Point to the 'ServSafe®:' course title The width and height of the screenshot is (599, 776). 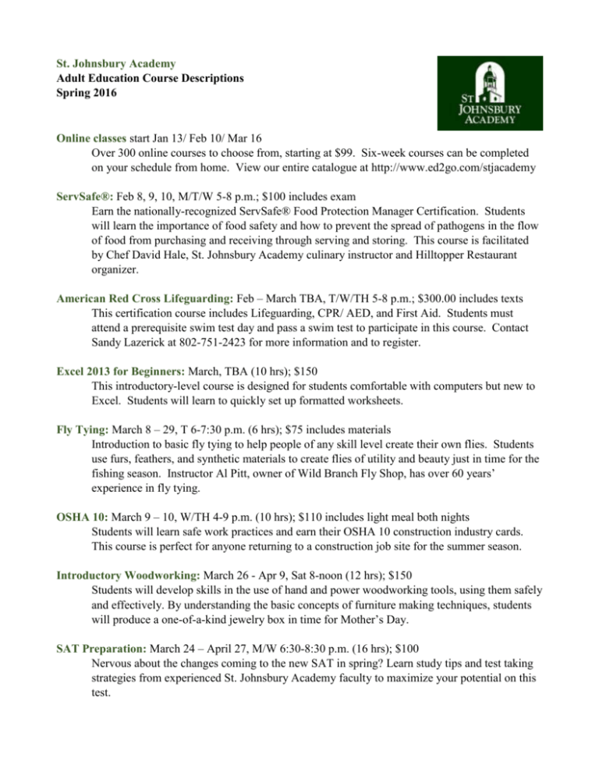pos(83,207)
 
